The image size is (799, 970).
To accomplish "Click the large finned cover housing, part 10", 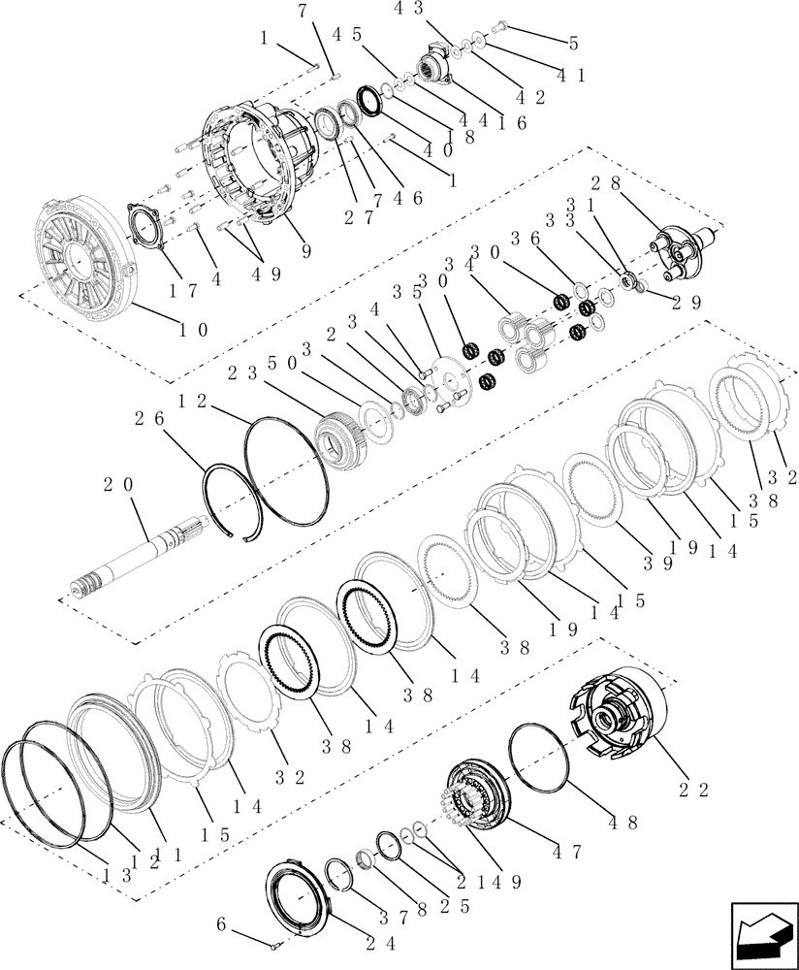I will point(81,252).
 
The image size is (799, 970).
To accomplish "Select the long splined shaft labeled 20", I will point(145,557).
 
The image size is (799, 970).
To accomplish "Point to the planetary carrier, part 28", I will point(679,242).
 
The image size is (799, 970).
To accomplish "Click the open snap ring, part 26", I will point(234,501).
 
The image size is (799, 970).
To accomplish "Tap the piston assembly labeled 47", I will point(480,796).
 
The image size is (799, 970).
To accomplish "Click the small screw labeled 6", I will point(277,946).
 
